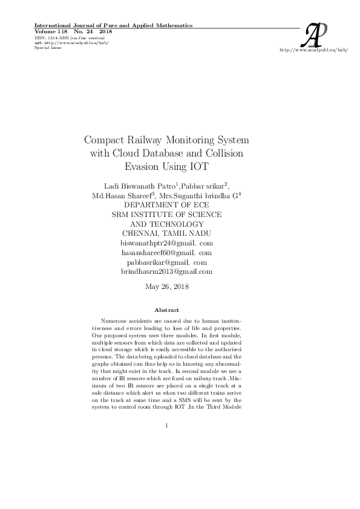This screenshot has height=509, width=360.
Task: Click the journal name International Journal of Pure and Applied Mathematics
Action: (114, 25)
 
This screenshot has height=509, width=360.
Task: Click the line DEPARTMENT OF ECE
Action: (166, 205)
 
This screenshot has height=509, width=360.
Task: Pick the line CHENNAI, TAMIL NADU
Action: (166, 233)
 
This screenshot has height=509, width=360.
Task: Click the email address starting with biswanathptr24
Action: (166, 242)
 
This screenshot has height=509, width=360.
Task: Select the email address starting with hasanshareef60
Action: (166, 252)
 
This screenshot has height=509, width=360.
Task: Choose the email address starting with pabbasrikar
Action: (166, 262)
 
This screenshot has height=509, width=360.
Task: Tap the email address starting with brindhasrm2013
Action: (166, 271)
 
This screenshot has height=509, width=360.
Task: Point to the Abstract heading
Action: (166, 310)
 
